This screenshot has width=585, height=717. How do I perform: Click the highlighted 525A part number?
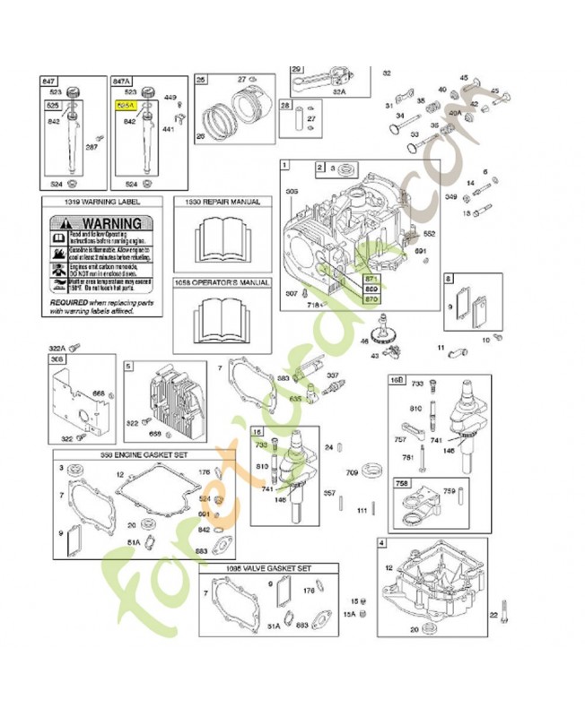tap(124, 105)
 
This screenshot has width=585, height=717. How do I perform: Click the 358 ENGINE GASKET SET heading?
tap(144, 455)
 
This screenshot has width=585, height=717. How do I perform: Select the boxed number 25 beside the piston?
tap(201, 81)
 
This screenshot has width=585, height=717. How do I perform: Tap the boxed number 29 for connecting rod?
tap(297, 68)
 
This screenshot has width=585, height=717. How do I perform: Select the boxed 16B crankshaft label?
tap(396, 380)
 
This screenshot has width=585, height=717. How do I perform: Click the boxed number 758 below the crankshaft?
tap(403, 481)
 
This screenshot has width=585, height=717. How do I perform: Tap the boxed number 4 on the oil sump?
tap(382, 543)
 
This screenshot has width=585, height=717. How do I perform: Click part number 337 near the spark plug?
tap(332, 376)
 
